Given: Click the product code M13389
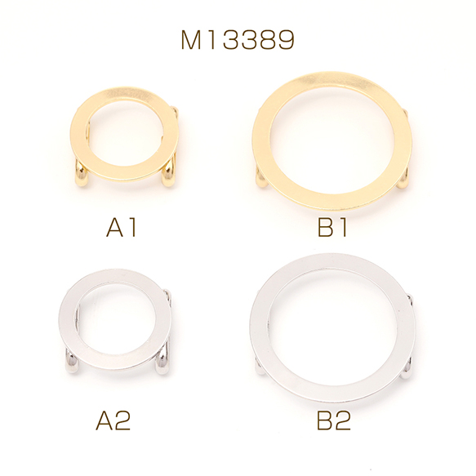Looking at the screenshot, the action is click(x=238, y=40).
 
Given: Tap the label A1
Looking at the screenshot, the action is click(x=121, y=228).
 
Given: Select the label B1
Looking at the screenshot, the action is click(x=332, y=228).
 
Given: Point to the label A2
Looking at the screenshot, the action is click(x=113, y=420).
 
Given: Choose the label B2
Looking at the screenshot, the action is click(x=334, y=420).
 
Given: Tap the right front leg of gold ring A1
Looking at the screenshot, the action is click(x=168, y=176).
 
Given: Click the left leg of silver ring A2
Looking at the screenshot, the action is click(x=72, y=361).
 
